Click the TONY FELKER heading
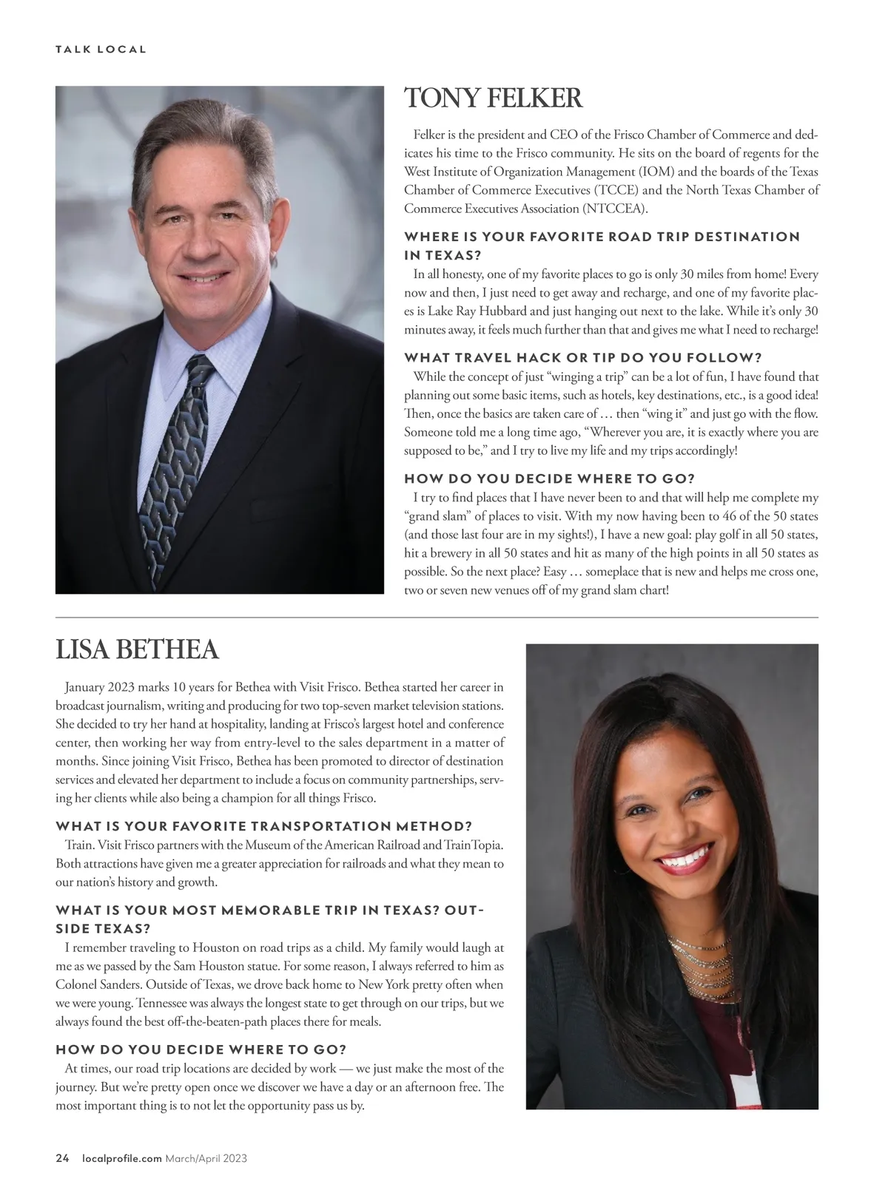[x=493, y=99]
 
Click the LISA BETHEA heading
[x=137, y=649]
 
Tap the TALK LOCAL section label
[x=101, y=50]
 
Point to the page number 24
[x=62, y=1158]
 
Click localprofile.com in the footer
[x=121, y=1158]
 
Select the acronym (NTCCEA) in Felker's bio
[x=615, y=209]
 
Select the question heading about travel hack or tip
[x=583, y=358]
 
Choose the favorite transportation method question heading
[x=263, y=826]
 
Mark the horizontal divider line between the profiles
[x=437, y=617]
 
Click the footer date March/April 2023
[x=206, y=1158]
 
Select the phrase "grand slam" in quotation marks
[x=437, y=516]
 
